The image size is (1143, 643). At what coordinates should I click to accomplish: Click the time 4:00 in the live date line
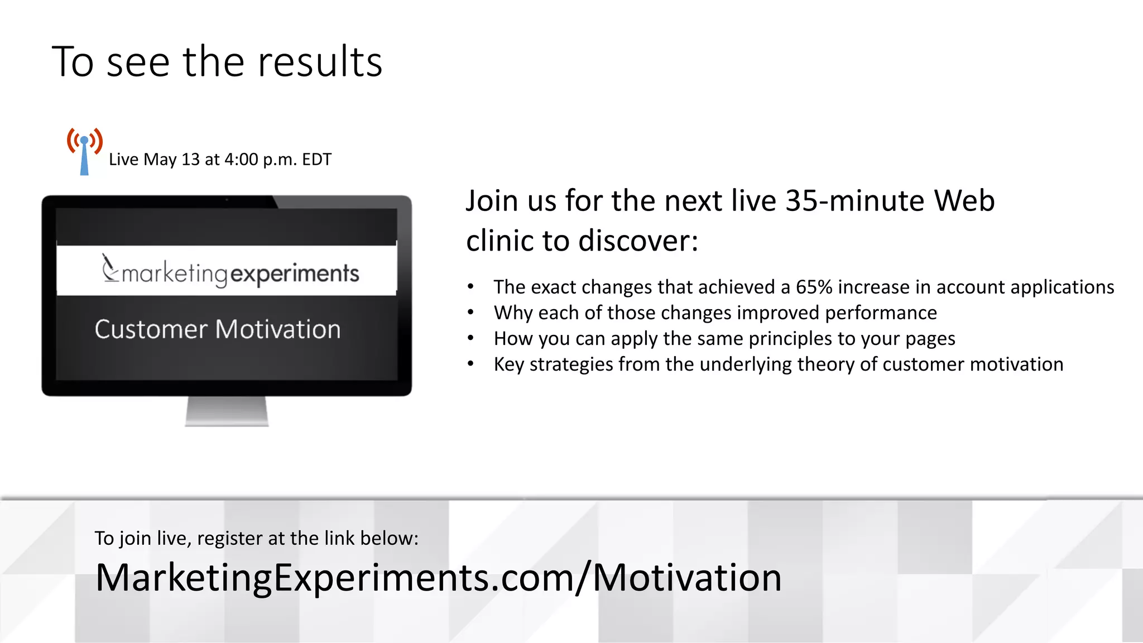[242, 160]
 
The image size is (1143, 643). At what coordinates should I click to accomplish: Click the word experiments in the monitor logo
[295, 273]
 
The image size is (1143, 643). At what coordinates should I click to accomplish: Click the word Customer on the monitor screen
[151, 329]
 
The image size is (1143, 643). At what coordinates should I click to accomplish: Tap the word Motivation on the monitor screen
[278, 329]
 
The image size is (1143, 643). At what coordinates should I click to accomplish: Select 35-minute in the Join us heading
[855, 201]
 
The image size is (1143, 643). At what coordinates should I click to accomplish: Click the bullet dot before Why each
[470, 313]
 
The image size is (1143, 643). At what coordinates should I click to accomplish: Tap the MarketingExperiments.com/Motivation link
[438, 578]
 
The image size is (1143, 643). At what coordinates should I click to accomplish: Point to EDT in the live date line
[316, 160]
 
